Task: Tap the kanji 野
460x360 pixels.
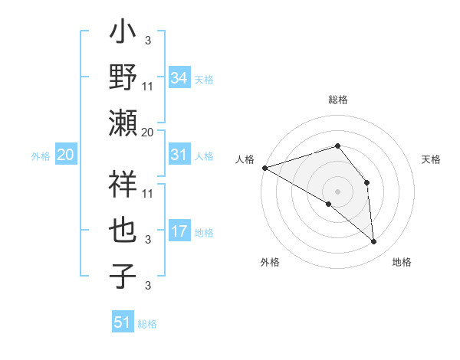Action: (123, 77)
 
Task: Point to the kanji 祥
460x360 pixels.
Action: (123, 185)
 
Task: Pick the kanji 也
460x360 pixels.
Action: (123, 231)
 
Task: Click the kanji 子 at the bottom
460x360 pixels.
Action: (123, 277)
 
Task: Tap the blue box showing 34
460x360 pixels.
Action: (179, 78)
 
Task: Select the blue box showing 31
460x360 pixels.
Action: (179, 155)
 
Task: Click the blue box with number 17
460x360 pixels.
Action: (179, 232)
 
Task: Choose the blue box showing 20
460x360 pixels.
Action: (66, 155)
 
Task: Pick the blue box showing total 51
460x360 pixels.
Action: (123, 322)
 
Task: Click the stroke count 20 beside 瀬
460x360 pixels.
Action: (147, 133)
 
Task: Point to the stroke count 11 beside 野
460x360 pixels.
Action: (149, 86)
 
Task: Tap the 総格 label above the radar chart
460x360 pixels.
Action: (337, 100)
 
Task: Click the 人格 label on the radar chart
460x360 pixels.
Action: (245, 159)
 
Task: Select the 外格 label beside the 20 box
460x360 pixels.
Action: (41, 156)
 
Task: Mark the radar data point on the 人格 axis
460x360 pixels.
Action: (264, 168)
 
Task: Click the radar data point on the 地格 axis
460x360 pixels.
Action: (373, 241)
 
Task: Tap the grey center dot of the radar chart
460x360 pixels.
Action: (337, 191)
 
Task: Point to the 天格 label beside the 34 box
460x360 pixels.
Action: (204, 80)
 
